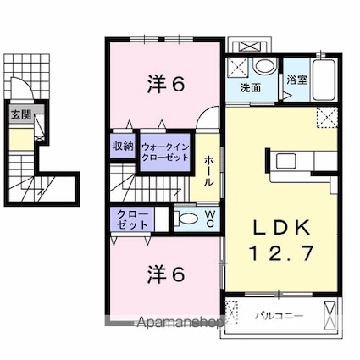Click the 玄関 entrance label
[x=21, y=115]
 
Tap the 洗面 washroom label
[x=250, y=88]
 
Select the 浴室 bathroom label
[x=296, y=80]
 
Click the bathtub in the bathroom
[x=324, y=80]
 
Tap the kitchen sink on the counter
[x=286, y=160]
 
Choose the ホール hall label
[x=208, y=170]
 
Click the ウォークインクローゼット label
[x=165, y=152]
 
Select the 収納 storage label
[x=123, y=146]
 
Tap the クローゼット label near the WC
[x=132, y=219]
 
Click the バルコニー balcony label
[x=280, y=316]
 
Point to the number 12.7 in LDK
[x=281, y=253]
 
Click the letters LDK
[x=281, y=229]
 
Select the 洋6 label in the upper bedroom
[x=166, y=85]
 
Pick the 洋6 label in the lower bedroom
[x=166, y=274]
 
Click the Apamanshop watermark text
[x=180, y=322]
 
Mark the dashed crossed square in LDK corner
[x=327, y=117]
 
